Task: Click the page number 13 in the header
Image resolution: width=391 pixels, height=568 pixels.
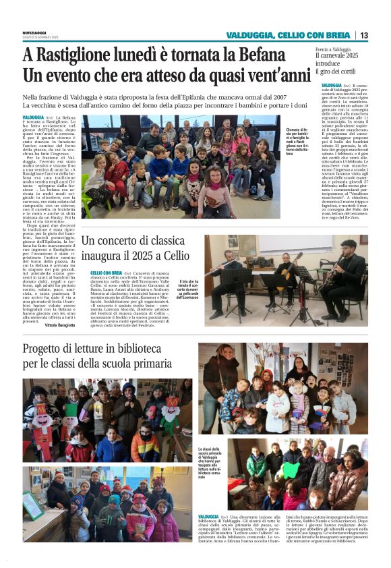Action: pos(364,35)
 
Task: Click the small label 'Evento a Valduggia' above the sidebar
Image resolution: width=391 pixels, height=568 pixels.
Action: pos(333,49)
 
